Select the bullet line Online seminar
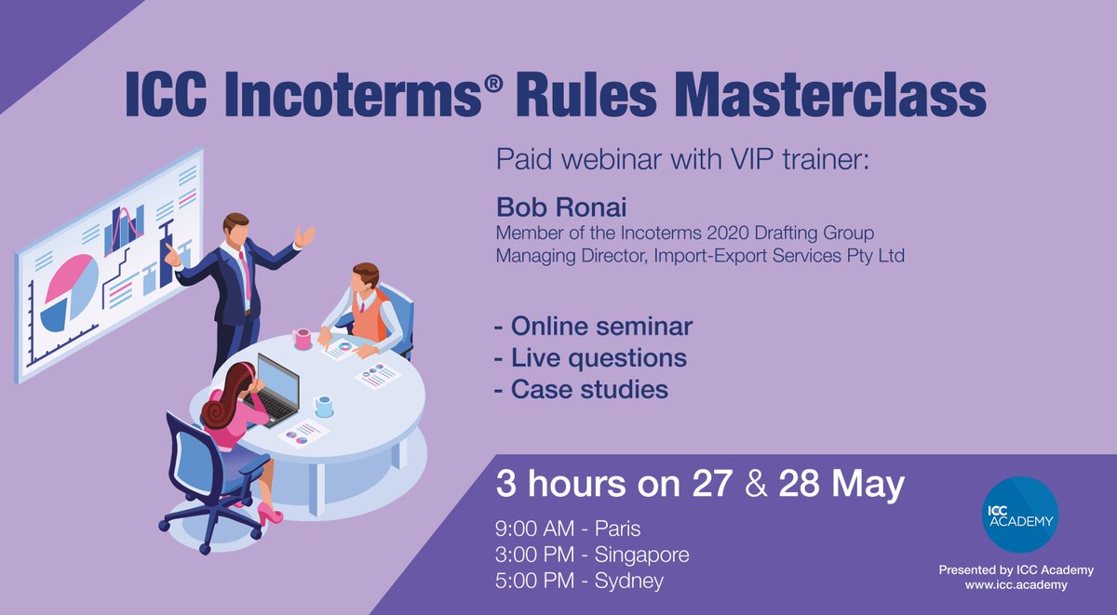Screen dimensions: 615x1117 point(594,328)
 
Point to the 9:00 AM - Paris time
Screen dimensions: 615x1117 point(568,529)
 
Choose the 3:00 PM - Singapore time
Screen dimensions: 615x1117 point(592,555)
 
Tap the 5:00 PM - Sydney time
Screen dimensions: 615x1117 point(579,582)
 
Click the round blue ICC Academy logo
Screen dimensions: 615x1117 point(1019,515)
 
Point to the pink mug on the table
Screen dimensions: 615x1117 point(303,339)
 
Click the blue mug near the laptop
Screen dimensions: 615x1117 point(323,406)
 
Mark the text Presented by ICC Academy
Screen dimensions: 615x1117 point(1016,569)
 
